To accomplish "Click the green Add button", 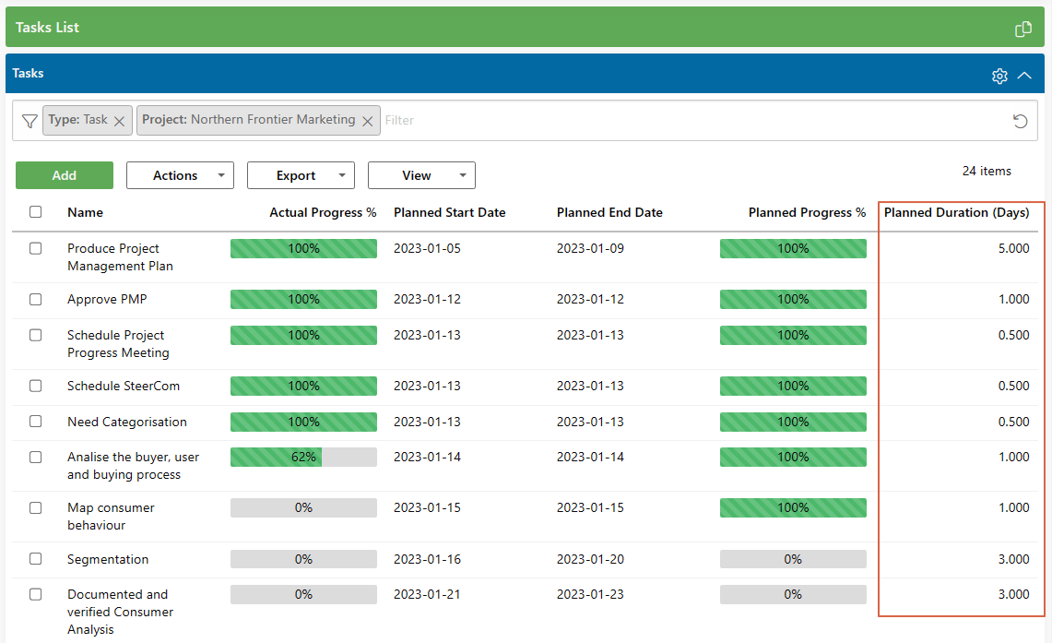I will click(65, 175).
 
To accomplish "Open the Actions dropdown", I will click(180, 175).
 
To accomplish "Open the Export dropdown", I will click(301, 175).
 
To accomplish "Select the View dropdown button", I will click(421, 175).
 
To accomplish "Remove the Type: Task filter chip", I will click(119, 121).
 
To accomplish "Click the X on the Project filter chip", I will click(367, 121).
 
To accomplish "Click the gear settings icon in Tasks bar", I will click(999, 76).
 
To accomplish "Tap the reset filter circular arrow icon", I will click(1020, 121).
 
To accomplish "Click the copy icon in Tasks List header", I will click(1022, 29).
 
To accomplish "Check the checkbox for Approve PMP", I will click(36, 299).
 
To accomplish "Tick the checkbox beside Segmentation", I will click(36, 558).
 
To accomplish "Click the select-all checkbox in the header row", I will click(36, 212).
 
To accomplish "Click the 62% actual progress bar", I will click(303, 457).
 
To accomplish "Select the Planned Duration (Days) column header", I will click(956, 212).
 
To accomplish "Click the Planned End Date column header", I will click(609, 212).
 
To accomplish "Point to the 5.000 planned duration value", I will click(1013, 248).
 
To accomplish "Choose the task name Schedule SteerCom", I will click(124, 386).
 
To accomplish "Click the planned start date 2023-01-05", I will click(427, 248).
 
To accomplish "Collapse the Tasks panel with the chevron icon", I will click(1024, 76).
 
